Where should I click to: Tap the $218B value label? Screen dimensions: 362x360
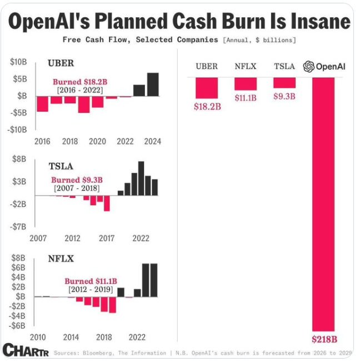323,339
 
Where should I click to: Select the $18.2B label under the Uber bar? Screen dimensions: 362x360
207,106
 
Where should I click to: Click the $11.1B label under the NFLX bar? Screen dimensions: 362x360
246,98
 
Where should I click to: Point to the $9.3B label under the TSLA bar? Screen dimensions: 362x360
284,96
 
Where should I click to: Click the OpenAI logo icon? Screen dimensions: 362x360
308,67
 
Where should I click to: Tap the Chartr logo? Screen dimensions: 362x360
26,350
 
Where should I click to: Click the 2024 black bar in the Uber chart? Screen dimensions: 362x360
152,84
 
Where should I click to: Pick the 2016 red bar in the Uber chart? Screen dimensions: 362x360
42,103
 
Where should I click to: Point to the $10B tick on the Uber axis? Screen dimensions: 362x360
18,62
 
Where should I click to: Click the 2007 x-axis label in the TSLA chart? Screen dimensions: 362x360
38,239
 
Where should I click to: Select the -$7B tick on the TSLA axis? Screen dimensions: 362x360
19,226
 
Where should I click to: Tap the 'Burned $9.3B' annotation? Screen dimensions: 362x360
77,180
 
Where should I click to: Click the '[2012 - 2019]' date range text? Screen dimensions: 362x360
90,290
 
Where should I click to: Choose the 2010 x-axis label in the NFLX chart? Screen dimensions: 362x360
38,338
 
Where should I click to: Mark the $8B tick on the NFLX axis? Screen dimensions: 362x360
19,258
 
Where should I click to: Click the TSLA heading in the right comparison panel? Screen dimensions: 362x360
284,67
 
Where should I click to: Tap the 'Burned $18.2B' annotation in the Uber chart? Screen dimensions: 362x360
80,82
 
